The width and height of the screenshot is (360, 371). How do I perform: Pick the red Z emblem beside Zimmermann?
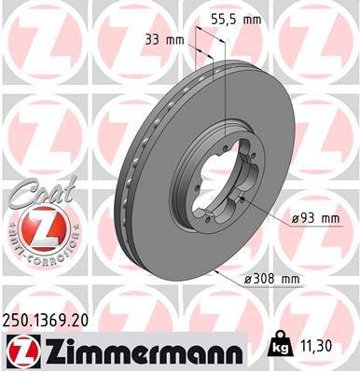coord(21,350)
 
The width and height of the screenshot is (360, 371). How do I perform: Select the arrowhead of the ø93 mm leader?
coord(244,201)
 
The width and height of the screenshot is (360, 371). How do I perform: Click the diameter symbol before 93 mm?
coord(294,218)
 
